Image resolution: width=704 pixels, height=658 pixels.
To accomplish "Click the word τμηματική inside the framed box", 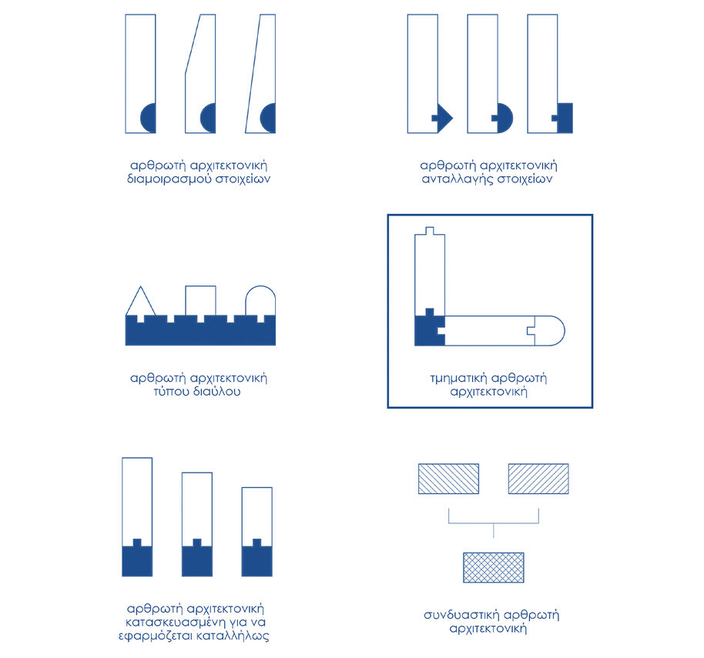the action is click(x=459, y=378).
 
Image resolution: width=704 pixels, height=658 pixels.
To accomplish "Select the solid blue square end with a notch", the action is click(x=563, y=118).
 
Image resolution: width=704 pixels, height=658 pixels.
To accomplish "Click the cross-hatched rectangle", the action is click(x=494, y=567).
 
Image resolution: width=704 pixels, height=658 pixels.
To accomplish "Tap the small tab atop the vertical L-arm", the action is click(x=430, y=231).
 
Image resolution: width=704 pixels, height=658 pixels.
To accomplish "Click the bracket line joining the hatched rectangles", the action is click(x=494, y=523).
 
